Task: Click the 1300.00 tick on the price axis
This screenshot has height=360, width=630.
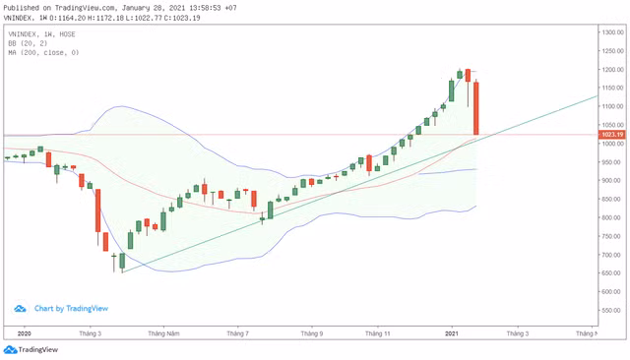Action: (613, 32)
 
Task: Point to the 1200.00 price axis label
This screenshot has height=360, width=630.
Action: (613, 70)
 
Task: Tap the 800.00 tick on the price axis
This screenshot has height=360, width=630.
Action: (613, 217)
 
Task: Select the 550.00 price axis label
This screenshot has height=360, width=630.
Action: (613, 310)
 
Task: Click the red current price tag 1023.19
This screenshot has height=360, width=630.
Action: (613, 135)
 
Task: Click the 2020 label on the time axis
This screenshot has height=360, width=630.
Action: (25, 334)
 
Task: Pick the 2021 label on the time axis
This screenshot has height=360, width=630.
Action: (451, 334)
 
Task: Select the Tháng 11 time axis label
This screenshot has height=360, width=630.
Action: (379, 334)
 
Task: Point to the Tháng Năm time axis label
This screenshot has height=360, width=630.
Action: (163, 334)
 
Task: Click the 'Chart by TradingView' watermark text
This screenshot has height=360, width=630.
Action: (71, 308)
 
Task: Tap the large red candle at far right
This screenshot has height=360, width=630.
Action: (475, 108)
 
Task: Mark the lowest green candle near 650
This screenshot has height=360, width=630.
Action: (122, 262)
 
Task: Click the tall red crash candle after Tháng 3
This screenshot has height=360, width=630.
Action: (98, 217)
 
